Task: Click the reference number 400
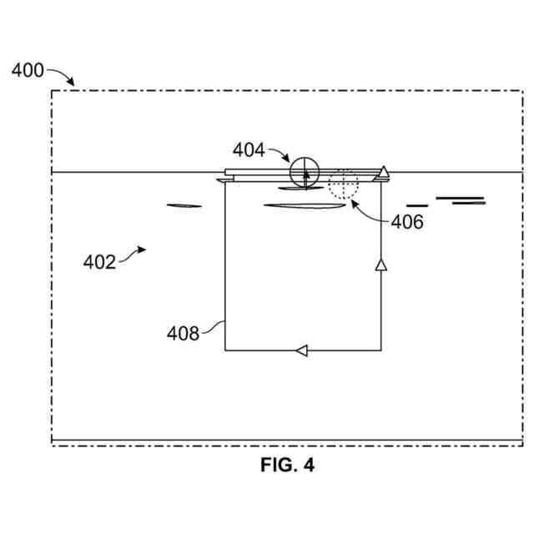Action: point(28,70)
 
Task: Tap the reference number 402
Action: point(100,262)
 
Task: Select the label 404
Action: point(249,150)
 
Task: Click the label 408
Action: point(183,334)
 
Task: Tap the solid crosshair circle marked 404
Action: point(305,172)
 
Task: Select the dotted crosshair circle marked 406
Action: point(342,184)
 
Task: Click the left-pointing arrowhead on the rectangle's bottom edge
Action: point(302,350)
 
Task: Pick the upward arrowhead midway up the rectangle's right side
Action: point(381,264)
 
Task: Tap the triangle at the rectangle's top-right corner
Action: point(382,172)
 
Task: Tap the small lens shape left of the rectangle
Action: point(184,205)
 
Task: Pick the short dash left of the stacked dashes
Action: point(417,205)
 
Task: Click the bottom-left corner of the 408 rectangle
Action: point(225,350)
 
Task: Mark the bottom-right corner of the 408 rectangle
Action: point(381,350)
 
